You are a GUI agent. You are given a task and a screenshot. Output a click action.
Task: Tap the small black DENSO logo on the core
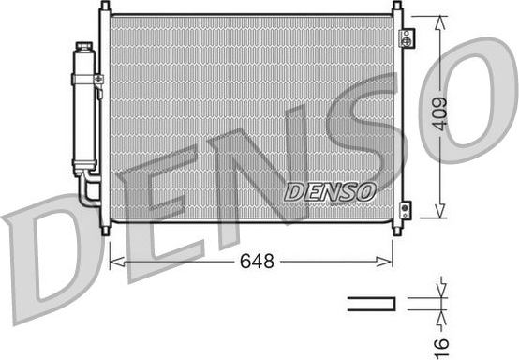pos(329,190)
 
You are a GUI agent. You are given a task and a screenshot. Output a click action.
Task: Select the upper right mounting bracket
pos(406,38)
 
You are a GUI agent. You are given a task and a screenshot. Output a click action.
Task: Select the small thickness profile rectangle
pos(374,302)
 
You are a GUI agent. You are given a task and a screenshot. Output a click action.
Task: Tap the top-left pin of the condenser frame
pos(105,7)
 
